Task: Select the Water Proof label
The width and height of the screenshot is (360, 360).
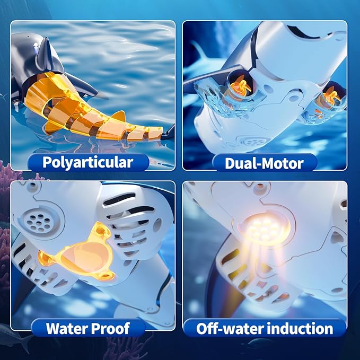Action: point(87,328)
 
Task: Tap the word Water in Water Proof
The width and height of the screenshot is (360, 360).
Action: point(66,328)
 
